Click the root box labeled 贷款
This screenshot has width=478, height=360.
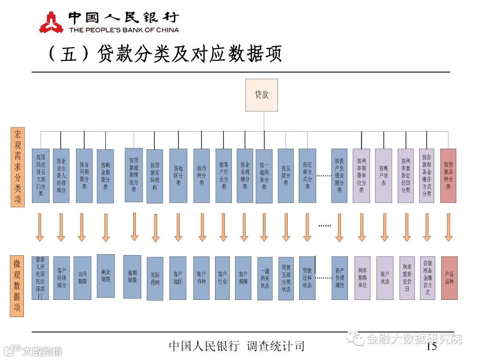[262, 95]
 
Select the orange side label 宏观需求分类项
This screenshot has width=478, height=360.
[17, 167]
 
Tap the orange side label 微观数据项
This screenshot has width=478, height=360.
[17, 286]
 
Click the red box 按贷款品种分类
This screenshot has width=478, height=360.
[448, 176]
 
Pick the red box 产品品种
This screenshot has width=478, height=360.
[449, 278]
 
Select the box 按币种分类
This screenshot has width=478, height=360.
[201, 176]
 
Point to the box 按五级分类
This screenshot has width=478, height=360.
[285, 176]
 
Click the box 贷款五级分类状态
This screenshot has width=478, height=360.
[286, 278]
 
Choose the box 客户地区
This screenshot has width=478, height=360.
[178, 278]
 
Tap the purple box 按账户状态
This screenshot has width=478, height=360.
[383, 176]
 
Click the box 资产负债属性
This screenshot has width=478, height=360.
[339, 278]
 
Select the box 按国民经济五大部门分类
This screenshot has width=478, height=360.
[40, 176]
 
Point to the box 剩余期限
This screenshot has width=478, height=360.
[105, 276]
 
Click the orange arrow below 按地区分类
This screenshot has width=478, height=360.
[178, 227]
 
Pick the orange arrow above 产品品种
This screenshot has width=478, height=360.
[448, 227]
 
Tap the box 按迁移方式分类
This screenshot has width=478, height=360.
[307, 176]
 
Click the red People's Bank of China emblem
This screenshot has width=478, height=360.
[51, 22]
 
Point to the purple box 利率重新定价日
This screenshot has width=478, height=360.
[407, 278]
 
